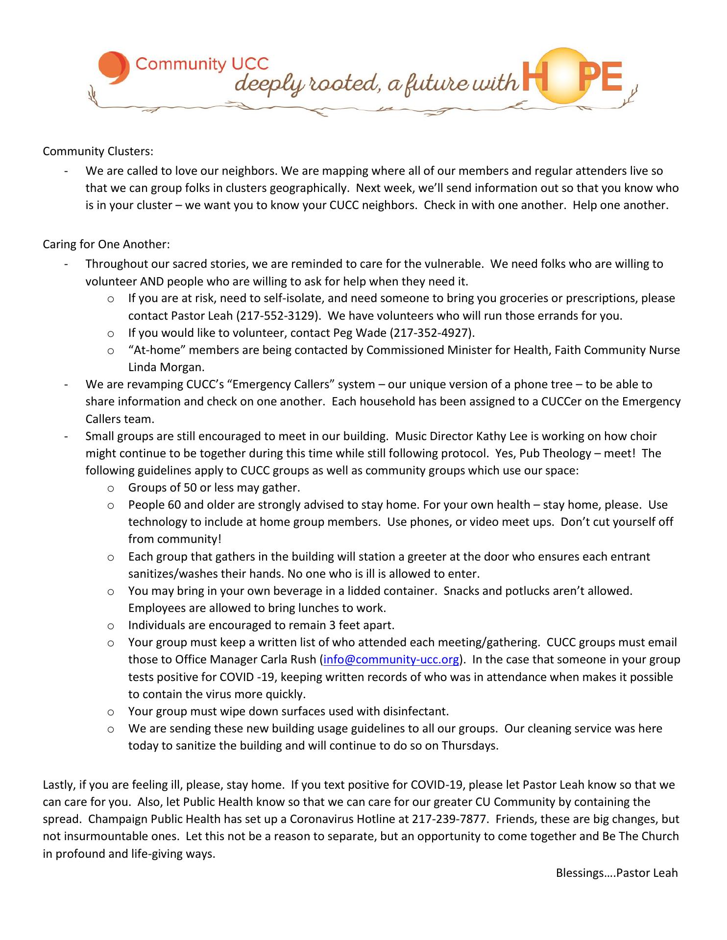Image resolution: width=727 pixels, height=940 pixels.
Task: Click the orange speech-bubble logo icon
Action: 114,67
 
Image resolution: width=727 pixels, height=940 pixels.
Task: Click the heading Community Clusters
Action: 91,151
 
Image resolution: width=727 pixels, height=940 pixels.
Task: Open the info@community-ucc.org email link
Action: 391,659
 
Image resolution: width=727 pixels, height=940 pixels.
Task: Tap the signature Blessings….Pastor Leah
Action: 616,872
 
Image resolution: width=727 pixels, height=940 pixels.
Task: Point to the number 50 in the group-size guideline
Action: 190,488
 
